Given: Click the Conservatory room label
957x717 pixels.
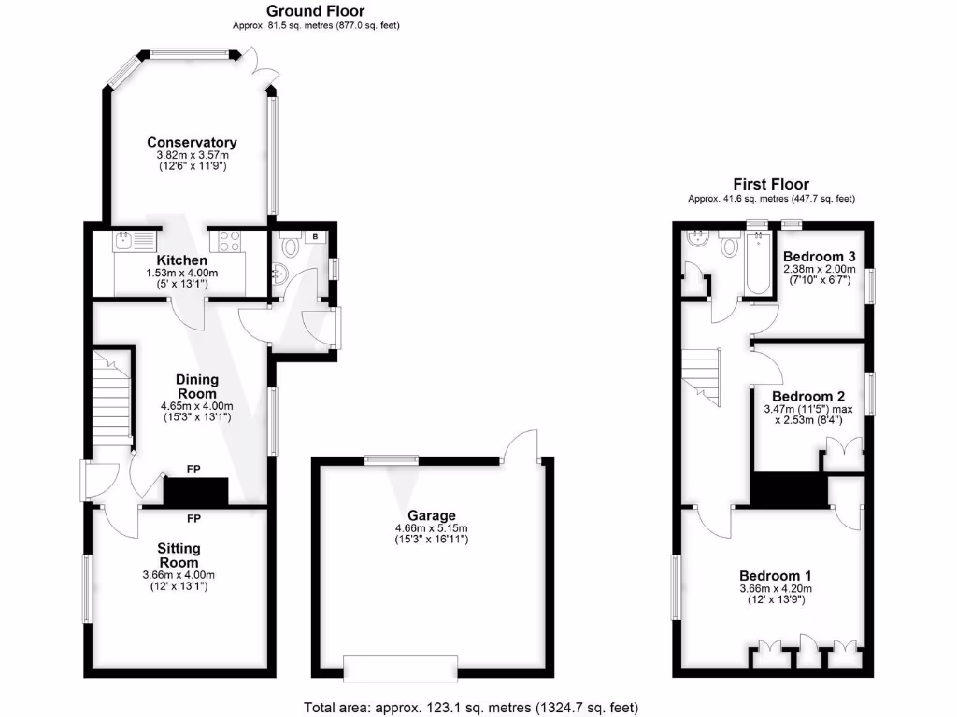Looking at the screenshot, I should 192,142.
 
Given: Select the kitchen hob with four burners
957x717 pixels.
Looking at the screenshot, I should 230,241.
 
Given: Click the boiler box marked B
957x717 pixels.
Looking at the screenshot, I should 315,237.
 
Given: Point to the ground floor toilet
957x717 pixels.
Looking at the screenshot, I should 291,247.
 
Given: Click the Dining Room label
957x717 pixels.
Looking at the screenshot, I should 197,386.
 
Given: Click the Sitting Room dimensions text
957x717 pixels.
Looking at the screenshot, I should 179,581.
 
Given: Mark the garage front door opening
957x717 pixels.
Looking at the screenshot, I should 401,668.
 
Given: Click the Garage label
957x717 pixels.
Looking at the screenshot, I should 431,515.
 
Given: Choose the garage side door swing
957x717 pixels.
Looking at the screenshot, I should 520,443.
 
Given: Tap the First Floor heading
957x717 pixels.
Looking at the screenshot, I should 771,184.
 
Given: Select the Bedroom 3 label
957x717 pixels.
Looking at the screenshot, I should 820,257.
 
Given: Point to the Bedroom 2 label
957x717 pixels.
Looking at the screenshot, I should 807,395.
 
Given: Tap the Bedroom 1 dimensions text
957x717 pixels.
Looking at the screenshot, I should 776,594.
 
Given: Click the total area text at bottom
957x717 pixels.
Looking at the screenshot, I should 471,708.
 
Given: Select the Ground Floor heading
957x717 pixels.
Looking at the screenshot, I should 316,11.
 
